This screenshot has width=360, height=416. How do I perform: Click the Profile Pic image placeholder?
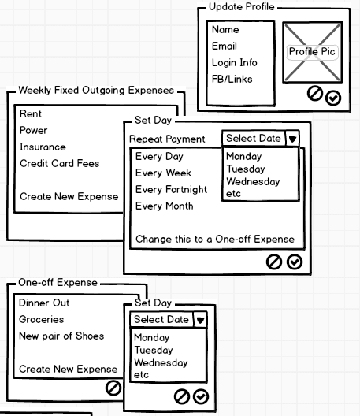coord(312,52)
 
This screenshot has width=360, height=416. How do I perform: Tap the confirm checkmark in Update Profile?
coord(333,98)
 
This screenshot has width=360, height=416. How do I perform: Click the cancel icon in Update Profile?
coord(315,94)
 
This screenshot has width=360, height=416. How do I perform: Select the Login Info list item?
coord(235,63)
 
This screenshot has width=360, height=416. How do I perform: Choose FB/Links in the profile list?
coord(232,79)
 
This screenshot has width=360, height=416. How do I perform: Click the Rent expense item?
coord(31,113)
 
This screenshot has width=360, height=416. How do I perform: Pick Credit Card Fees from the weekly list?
coord(59,163)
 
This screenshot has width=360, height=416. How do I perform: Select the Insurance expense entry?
coord(43,147)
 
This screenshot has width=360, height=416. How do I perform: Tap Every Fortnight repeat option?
coord(171,189)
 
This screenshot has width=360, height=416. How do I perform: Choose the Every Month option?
coord(164,206)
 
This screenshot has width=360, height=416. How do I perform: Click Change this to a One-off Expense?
coord(215,239)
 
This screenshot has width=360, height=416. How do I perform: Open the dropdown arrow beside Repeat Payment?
coord(292,139)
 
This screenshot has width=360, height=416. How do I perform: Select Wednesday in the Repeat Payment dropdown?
coord(253,181)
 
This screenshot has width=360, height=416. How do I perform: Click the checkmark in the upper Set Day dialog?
coord(295,262)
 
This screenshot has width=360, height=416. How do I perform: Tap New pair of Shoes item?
coord(61,336)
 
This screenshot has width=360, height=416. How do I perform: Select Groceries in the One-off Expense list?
coord(42,319)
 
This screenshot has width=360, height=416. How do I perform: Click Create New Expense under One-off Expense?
coord(69,369)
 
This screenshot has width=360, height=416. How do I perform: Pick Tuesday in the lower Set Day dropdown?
coord(154,350)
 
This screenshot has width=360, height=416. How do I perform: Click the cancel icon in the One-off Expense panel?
coord(113,388)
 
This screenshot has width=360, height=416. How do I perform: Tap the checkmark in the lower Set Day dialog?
coord(201,397)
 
